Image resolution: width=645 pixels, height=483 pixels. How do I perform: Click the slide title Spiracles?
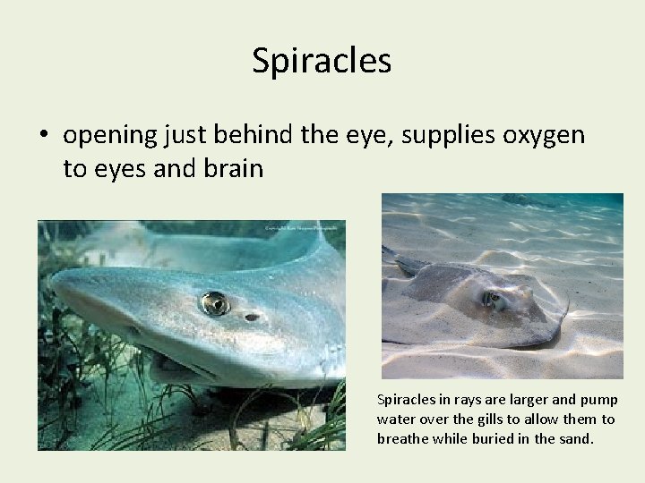[322, 61]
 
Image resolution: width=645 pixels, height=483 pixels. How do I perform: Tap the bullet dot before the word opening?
[42, 136]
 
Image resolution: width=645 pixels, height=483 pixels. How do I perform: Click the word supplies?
[444, 136]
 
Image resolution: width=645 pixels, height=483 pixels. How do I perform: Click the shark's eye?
[214, 304]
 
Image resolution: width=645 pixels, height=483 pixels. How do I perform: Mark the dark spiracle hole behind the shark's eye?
[253, 317]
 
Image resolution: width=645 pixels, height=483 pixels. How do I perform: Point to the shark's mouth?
[179, 362]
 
